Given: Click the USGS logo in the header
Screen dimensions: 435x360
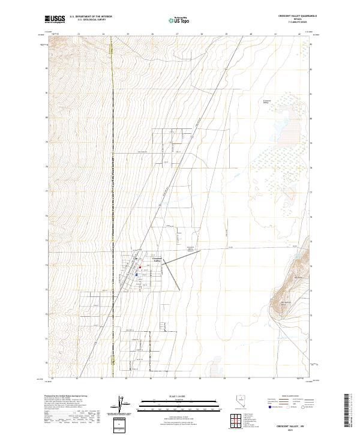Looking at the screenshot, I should [x=55, y=20].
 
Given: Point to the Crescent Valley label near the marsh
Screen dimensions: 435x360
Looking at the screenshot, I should [x=268, y=102].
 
